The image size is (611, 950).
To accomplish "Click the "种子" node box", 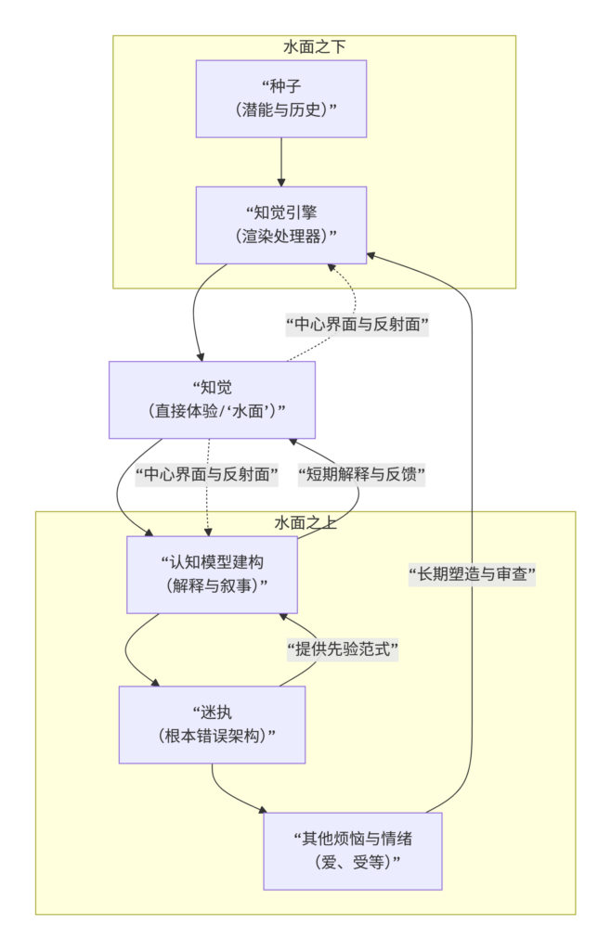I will pyautogui.click(x=281, y=98).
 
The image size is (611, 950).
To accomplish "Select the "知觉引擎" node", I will pyautogui.click(x=281, y=225).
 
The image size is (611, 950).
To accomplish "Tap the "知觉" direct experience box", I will pyautogui.click(x=212, y=399).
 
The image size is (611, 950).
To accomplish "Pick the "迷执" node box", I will pyautogui.click(x=212, y=724).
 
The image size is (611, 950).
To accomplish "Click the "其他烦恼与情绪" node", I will pyautogui.click(x=352, y=850).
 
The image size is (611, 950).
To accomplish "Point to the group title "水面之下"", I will pyautogui.click(x=314, y=46).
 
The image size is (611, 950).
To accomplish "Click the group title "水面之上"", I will pyautogui.click(x=305, y=522).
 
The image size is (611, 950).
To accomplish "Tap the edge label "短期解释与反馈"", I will pyautogui.click(x=361, y=475).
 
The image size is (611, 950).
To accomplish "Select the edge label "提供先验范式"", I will pyautogui.click(x=342, y=649).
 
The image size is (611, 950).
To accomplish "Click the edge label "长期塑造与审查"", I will pyautogui.click(x=473, y=574).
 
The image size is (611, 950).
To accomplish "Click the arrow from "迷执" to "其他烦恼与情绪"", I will pyautogui.click(x=227, y=796).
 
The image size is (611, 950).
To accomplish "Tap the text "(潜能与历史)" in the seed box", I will pyautogui.click(x=281, y=109).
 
